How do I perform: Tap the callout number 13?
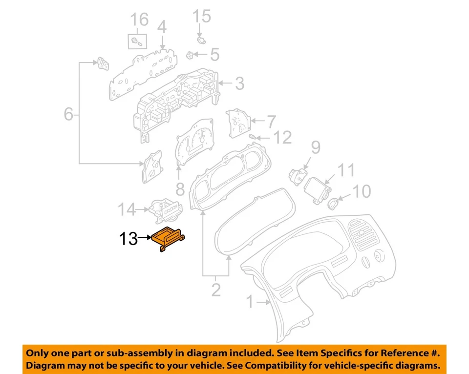coord(129,239)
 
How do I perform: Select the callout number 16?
coord(138,20)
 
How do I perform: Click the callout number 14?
coord(127,210)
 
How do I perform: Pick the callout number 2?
coord(216,290)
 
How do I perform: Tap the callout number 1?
coord(250,303)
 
